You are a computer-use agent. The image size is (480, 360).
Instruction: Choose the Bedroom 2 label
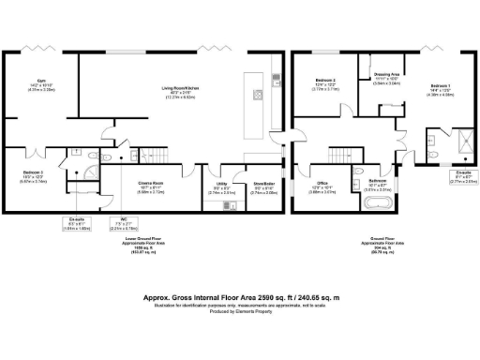tap(325, 82)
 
